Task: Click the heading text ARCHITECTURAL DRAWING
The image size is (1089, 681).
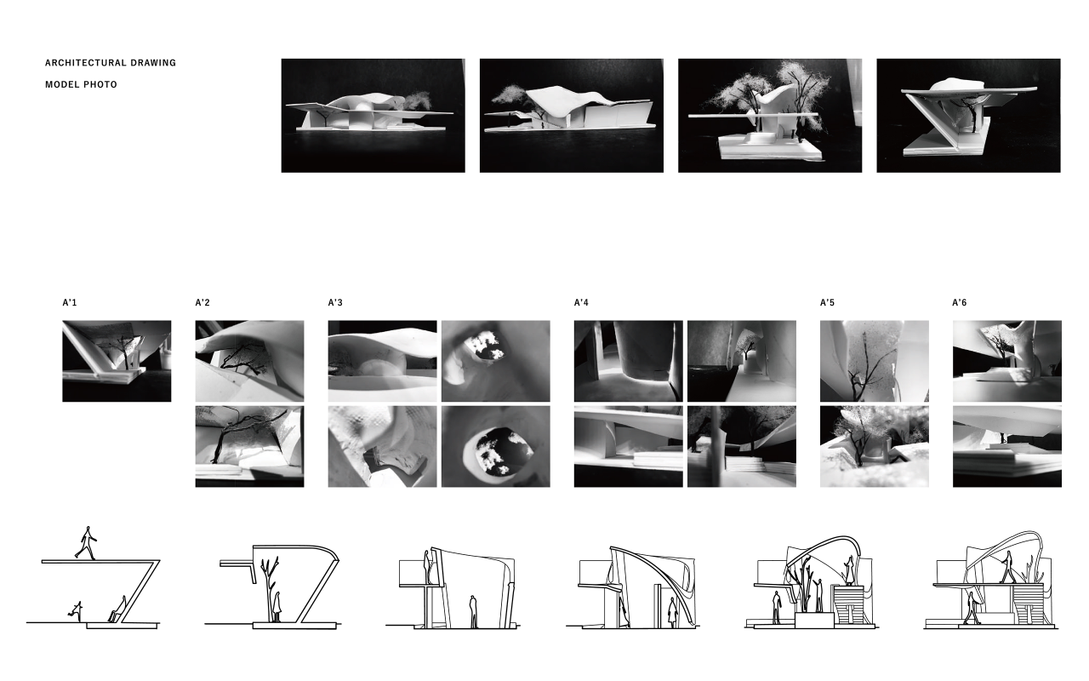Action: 111,63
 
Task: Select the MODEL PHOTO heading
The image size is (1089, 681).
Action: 81,84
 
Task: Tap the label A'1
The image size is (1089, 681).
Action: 70,302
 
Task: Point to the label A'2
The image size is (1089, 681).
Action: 202,302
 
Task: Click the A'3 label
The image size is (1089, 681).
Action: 335,302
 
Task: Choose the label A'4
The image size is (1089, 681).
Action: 581,302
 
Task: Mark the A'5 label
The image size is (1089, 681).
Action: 827,302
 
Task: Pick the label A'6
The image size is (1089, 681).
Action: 959,302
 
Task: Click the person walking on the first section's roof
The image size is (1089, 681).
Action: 86,542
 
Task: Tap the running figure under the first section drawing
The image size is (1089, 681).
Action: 76,610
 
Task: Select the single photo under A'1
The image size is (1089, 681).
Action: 117,361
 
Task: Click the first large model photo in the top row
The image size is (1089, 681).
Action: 373,116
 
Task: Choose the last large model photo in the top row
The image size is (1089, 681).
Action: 968,116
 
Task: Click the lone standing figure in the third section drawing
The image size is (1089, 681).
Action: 473,611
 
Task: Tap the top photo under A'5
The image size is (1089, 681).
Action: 874,361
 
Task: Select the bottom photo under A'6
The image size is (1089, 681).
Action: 1006,447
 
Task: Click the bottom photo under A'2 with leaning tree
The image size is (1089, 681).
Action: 249,447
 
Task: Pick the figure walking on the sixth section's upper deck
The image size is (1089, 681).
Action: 1007,567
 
